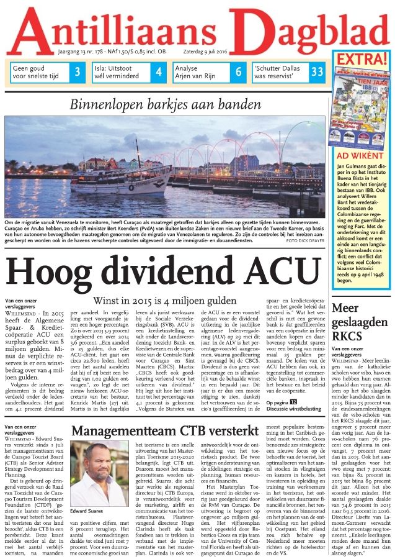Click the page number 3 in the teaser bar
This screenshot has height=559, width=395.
click(x=77, y=71)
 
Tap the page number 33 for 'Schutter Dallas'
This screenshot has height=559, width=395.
click(x=317, y=71)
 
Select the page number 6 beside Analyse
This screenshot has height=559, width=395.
click(x=238, y=71)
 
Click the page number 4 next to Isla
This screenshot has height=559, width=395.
click(x=158, y=71)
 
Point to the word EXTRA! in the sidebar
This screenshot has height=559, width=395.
click(x=362, y=60)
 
